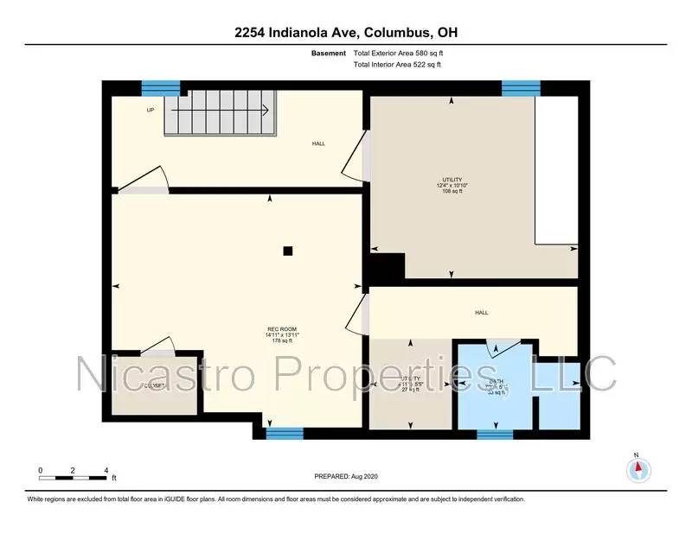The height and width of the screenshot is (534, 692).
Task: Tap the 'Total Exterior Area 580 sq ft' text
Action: [x=403, y=54]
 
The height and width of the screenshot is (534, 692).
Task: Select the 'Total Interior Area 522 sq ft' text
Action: [x=402, y=65]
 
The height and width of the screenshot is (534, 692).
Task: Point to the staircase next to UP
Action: [x=221, y=116]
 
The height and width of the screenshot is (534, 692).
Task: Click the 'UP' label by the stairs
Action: [x=151, y=110]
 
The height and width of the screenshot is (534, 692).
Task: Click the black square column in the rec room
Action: [x=288, y=251]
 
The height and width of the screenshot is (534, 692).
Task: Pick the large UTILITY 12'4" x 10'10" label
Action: [x=453, y=185]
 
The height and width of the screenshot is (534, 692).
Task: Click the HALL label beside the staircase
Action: [x=319, y=143]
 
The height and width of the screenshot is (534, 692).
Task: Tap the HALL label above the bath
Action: [x=481, y=313]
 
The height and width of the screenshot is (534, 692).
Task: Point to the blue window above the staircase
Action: [x=161, y=86]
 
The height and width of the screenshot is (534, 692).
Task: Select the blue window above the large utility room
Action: [x=521, y=86]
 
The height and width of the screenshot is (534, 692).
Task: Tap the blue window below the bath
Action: [x=496, y=433]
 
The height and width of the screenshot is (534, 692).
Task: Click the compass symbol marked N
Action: [x=637, y=468]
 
